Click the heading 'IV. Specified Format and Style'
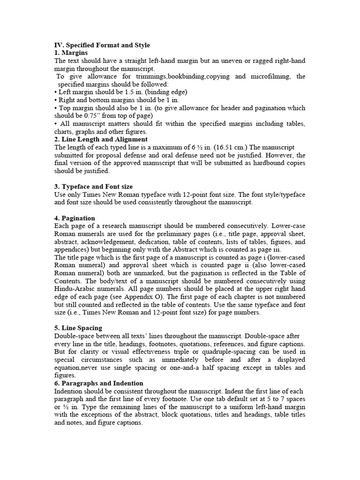(102, 45)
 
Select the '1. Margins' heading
(71, 53)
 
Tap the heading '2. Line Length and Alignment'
(101, 139)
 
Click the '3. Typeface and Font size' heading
(94, 187)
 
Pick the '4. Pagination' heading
(75, 218)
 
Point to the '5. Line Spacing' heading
(78, 328)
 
